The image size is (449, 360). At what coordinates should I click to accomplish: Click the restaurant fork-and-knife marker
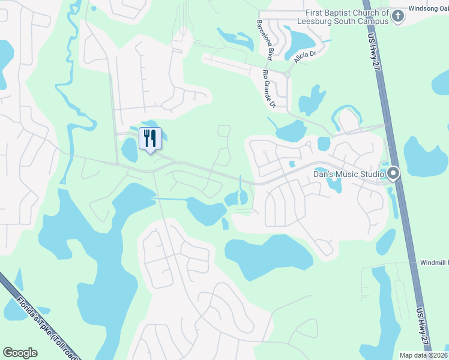pos(150,138)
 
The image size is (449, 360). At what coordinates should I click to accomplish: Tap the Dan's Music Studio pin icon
pos(393,174)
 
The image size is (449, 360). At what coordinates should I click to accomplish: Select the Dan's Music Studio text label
pos(349,175)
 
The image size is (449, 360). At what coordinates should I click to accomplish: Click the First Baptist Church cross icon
pos(397,17)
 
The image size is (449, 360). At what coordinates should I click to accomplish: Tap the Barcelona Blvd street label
pos(264,39)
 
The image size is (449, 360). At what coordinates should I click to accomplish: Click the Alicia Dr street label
pos(305,56)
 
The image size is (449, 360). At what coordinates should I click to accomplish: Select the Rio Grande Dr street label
pos(268,89)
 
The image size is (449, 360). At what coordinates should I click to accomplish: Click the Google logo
pos(20,353)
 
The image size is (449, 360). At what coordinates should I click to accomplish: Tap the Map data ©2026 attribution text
pos(424,355)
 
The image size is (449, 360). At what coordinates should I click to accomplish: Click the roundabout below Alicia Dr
pos(288,74)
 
